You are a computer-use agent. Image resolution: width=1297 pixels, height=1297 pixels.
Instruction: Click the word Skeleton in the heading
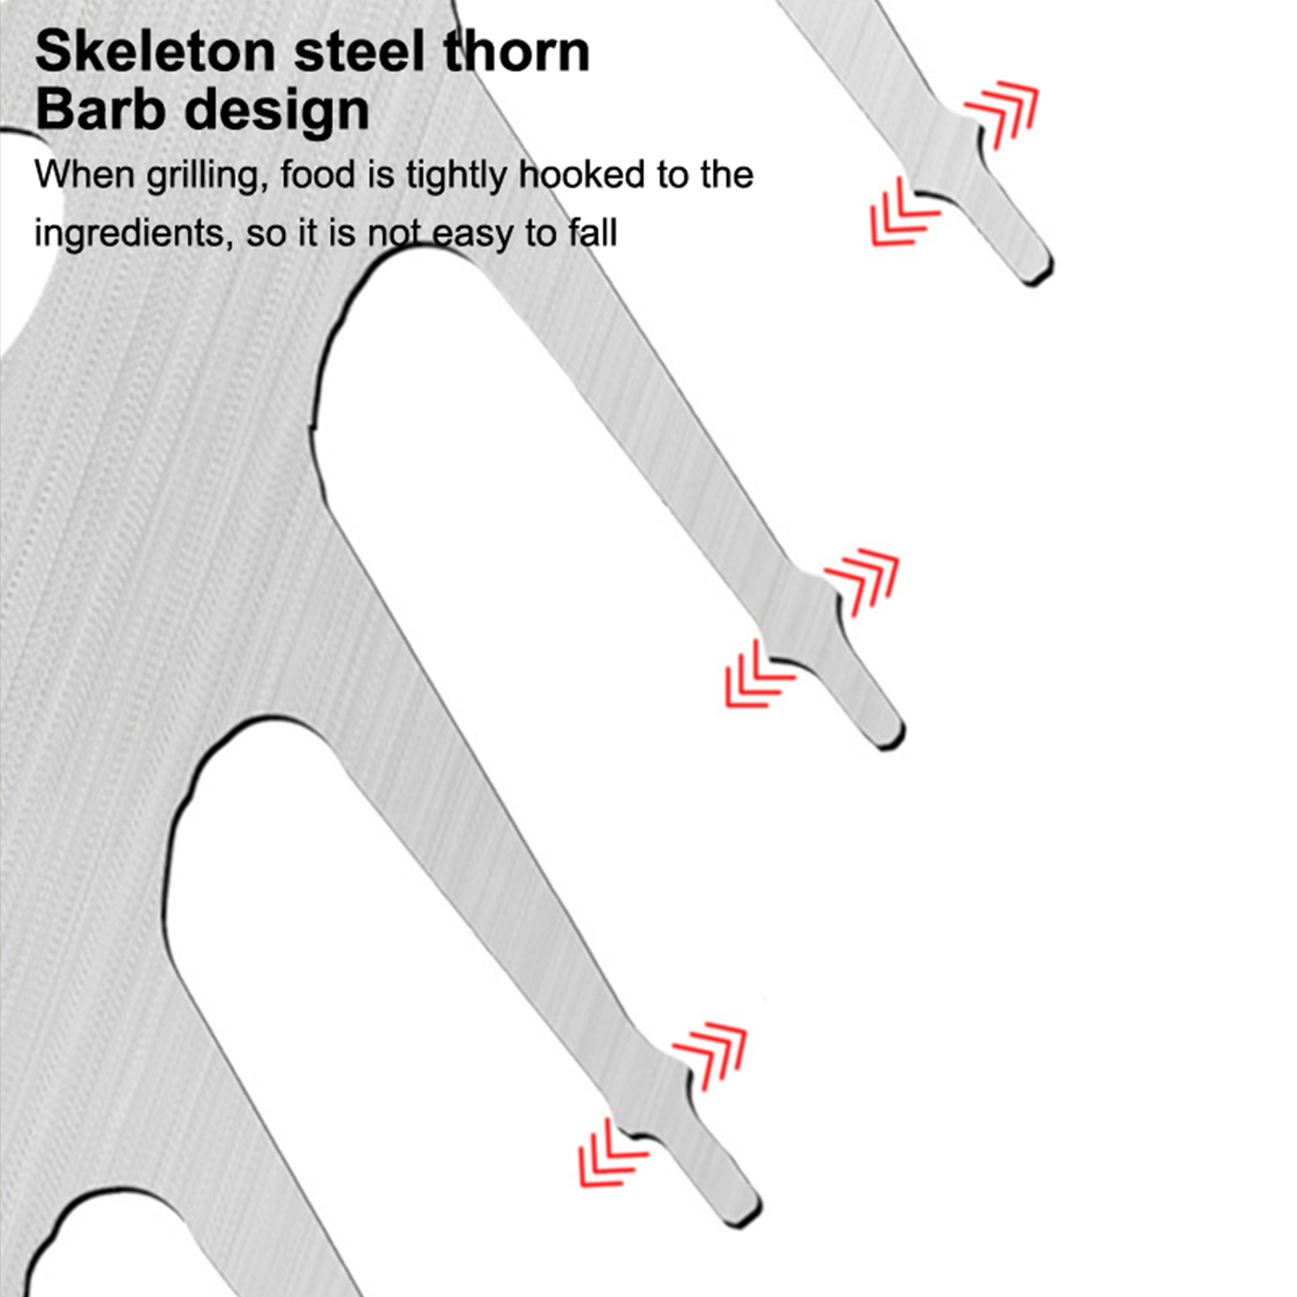tap(156, 51)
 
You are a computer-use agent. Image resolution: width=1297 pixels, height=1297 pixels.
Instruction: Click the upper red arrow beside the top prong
tap(1002, 113)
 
